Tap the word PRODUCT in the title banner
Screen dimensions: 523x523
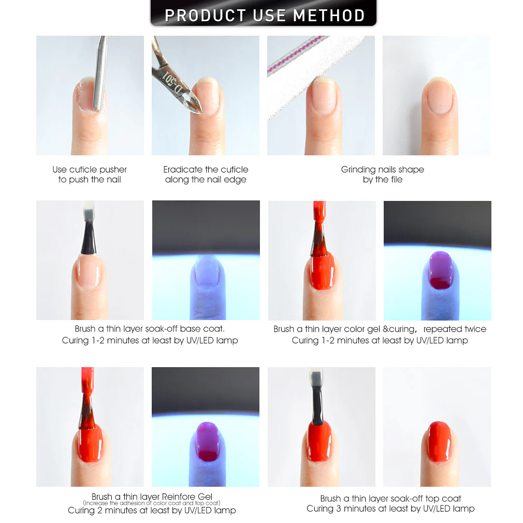tap(206, 16)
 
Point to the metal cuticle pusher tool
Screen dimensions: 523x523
tap(100, 74)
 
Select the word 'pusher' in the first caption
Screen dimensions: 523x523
tap(113, 170)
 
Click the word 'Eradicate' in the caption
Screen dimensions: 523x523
tap(183, 169)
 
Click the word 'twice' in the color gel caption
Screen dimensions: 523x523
tap(475, 329)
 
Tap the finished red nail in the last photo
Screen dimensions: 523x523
tap(438, 441)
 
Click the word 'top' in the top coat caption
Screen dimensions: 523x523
tap(432, 499)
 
